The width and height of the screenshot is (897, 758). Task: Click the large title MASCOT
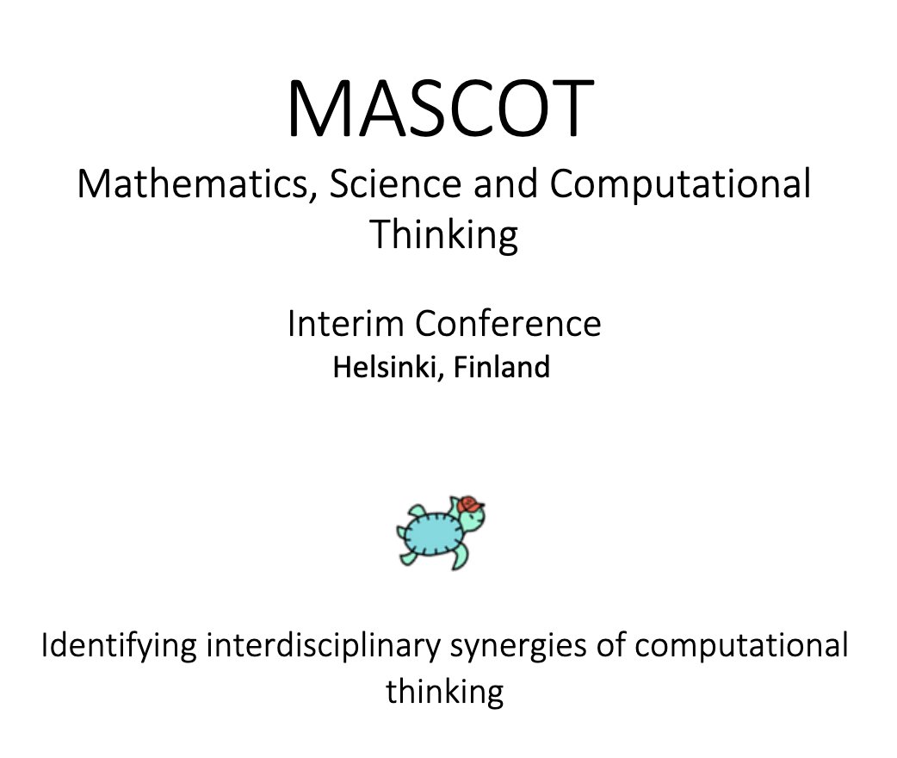point(440,109)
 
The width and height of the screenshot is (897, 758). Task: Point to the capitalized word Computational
point(680,185)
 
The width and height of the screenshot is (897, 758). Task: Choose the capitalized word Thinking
point(444,234)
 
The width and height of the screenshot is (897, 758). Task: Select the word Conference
point(507,324)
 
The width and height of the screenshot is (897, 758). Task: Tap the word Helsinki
point(386,368)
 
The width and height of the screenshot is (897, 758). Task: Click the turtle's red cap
point(469,504)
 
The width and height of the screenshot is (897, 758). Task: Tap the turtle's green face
point(475,522)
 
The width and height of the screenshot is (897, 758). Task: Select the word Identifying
point(120,647)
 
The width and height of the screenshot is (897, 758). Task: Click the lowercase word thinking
point(444,691)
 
